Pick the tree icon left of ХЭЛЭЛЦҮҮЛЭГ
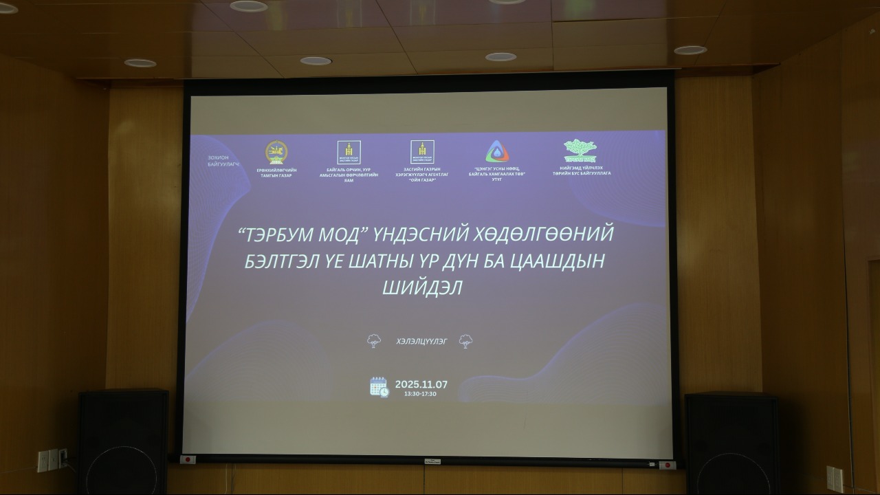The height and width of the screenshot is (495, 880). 374,341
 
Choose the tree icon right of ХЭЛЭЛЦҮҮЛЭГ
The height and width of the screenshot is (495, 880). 465,341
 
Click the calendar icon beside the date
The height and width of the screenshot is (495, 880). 379,387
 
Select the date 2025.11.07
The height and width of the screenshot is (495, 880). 421,384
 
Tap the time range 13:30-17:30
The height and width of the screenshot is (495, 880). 420,394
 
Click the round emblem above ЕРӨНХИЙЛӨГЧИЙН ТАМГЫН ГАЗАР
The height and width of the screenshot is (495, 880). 276,152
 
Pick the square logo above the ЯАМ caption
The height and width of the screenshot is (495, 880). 349,152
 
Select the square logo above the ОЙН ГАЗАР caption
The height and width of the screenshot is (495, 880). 422,152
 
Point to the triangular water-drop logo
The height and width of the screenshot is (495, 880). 496,152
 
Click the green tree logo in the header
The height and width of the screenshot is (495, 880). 580,150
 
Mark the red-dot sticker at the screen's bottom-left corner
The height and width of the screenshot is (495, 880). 188,459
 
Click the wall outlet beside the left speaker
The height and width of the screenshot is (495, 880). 52,459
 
